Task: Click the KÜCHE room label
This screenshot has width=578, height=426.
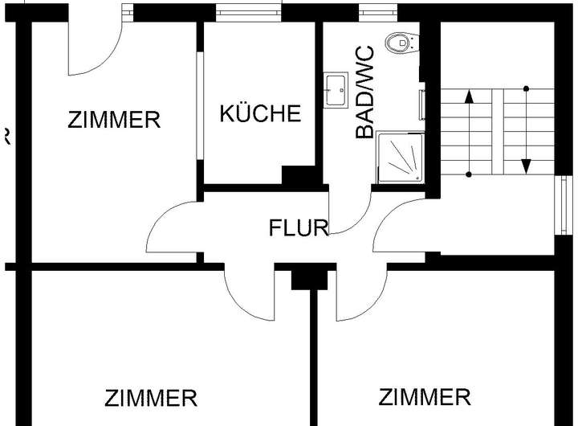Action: tap(261, 113)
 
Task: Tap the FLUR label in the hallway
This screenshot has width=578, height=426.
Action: tap(299, 228)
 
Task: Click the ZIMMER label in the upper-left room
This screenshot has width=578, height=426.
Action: tap(114, 121)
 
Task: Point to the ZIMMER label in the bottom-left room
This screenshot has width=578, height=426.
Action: tap(151, 398)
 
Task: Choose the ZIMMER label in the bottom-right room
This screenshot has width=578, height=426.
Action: tap(425, 396)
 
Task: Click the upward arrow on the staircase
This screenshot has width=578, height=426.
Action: tap(469, 133)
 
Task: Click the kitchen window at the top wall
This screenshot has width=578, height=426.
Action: tap(242, 13)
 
